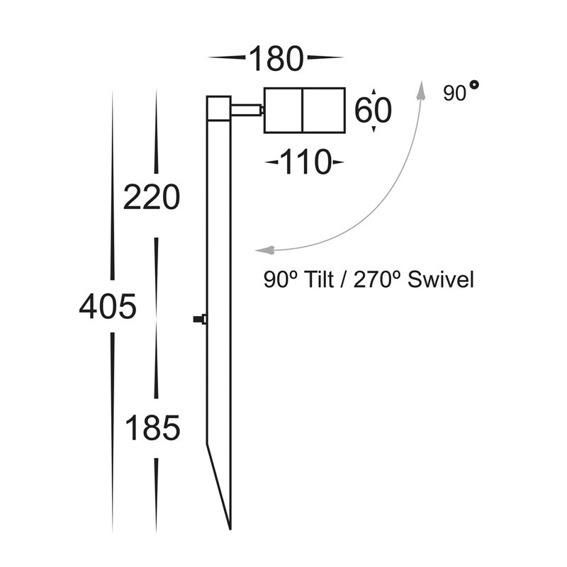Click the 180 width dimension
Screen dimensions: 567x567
pyautogui.click(x=276, y=59)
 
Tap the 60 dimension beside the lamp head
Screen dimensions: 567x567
pyautogui.click(x=373, y=111)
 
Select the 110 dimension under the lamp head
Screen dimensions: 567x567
pyautogui.click(x=305, y=162)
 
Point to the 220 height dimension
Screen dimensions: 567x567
pyautogui.click(x=152, y=197)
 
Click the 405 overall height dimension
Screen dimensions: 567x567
pyautogui.click(x=108, y=307)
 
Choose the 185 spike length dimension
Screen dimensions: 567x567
pyautogui.click(x=152, y=428)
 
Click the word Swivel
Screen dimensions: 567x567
pyautogui.click(x=440, y=279)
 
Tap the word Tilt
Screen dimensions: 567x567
pyautogui.click(x=320, y=279)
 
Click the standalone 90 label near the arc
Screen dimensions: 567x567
pyautogui.click(x=454, y=94)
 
